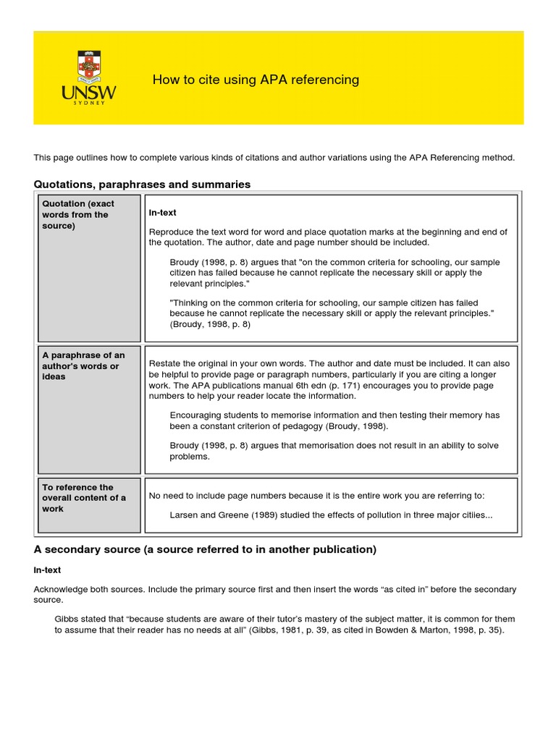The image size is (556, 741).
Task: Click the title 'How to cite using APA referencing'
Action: (x=256, y=80)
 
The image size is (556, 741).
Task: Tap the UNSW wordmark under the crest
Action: (x=89, y=93)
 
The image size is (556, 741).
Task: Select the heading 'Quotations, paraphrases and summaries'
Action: (x=142, y=185)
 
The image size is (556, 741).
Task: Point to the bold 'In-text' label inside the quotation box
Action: (x=162, y=213)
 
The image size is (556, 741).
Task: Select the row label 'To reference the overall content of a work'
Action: (x=84, y=498)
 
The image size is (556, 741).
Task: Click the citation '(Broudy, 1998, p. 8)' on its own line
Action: (x=210, y=324)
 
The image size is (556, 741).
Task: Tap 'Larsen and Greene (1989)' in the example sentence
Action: (x=219, y=515)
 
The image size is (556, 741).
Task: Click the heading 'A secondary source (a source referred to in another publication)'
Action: (x=205, y=549)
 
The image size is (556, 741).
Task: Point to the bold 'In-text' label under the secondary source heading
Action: (x=47, y=570)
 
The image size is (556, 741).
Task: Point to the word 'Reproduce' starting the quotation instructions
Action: (x=172, y=232)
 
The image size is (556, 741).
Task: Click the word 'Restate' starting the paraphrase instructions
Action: (x=164, y=363)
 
